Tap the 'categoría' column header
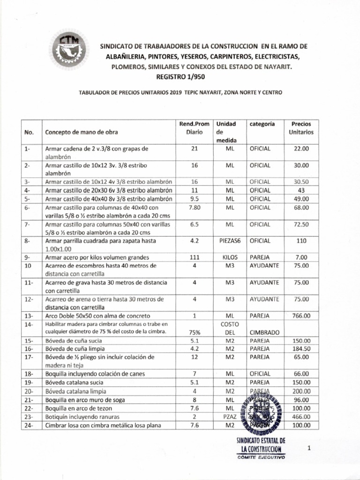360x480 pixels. click(x=262, y=124)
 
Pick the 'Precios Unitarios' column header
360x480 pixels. click(x=301, y=128)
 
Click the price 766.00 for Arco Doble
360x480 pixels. click(x=301, y=316)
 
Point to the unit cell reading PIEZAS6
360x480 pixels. click(x=230, y=241)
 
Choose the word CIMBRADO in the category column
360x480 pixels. click(x=264, y=332)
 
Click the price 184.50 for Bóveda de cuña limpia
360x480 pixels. click(x=301, y=349)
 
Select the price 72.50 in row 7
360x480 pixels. click(x=301, y=225)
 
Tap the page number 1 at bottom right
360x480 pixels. click(x=309, y=449)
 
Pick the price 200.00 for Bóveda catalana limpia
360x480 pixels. click(x=301, y=391)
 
